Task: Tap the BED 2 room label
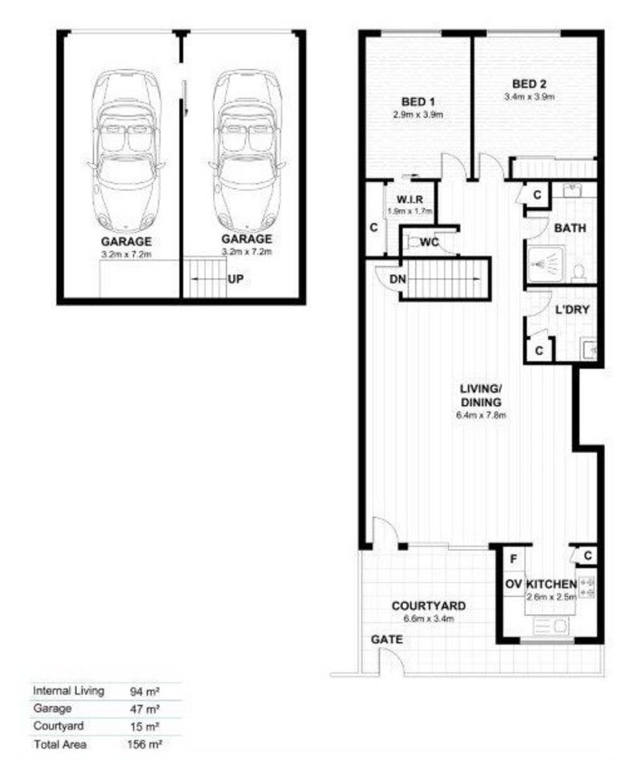530,83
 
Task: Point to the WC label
429,241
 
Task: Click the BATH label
570,228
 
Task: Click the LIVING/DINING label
480,396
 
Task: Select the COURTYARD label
429,606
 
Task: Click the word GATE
386,641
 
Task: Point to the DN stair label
397,279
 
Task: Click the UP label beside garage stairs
235,280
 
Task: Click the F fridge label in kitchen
514,555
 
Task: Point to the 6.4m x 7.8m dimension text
480,415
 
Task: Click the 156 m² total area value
147,745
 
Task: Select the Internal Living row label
68,690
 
